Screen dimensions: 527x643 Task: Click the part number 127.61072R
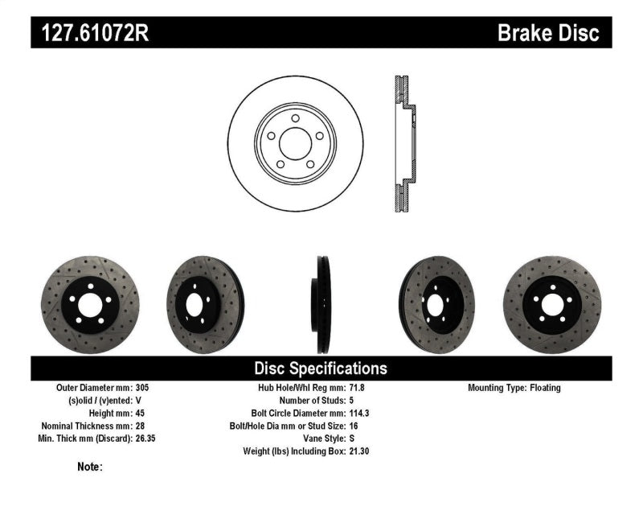coord(91,33)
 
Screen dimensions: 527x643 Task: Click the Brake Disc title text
coord(548,33)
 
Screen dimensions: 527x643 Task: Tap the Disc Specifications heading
coord(321,368)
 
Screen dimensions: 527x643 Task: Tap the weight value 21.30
coord(359,451)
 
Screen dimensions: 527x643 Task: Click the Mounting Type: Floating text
coord(514,388)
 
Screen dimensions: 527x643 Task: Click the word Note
coord(89,467)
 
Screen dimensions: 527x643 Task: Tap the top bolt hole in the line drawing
coord(295,118)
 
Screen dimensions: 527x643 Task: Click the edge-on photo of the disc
coord(322,305)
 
